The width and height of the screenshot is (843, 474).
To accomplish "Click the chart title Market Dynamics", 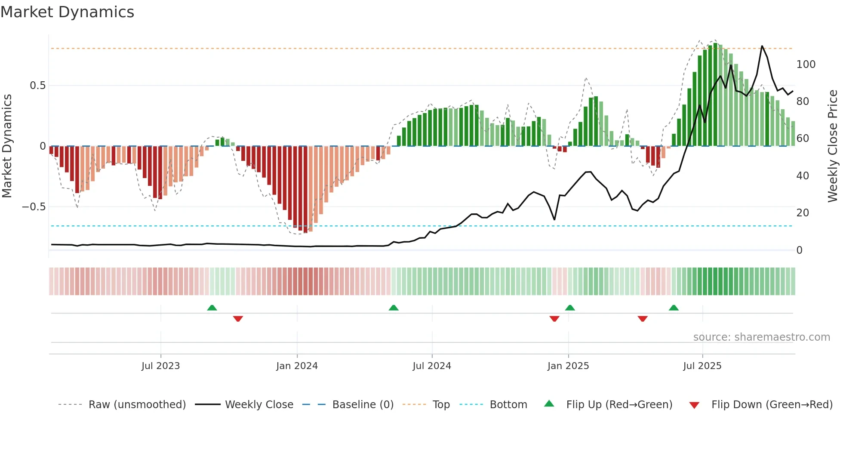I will (x=67, y=12).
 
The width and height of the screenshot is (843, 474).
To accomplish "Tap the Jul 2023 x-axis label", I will (x=160, y=366).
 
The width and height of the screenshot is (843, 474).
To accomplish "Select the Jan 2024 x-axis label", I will (x=297, y=366).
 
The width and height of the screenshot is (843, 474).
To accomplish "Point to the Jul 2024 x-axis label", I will (x=432, y=366).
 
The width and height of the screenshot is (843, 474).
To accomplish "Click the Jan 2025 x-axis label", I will (x=568, y=366).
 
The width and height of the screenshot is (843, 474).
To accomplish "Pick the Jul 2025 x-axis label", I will (x=702, y=366).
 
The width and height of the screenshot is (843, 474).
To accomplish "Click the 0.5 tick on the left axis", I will (x=38, y=86).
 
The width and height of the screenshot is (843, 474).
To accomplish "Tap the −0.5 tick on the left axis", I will (x=34, y=207).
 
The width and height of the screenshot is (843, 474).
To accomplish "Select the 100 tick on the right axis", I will (x=806, y=65).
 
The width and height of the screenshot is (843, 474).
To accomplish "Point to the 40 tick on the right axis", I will (x=803, y=176).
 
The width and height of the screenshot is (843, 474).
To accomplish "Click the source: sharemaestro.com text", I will (x=761, y=337).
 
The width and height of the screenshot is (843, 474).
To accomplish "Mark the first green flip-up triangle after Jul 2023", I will (x=212, y=308).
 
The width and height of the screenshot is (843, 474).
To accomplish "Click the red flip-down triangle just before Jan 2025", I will (x=554, y=319).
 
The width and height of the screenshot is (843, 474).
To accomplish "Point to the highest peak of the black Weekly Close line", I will (x=762, y=46).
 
